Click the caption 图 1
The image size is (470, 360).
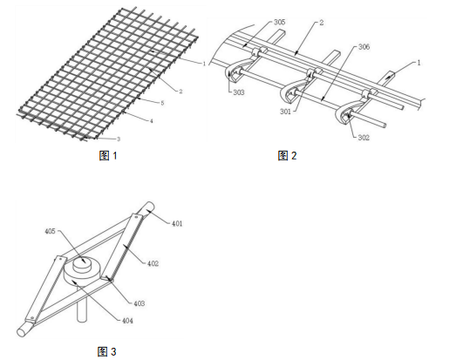(108, 155)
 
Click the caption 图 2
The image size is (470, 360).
(287, 155)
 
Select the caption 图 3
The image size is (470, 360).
(106, 351)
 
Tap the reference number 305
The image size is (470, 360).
(279, 22)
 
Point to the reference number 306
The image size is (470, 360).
(364, 47)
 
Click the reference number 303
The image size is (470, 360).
(239, 92)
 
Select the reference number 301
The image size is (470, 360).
(285, 112)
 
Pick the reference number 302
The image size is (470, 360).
(364, 138)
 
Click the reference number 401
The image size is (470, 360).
(177, 224)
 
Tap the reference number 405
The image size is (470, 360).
(50, 231)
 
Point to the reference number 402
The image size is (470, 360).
(153, 264)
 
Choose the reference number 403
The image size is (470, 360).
(140, 303)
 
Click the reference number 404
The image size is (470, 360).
(127, 321)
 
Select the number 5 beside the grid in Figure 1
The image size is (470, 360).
(162, 103)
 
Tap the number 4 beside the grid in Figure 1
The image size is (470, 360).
(152, 121)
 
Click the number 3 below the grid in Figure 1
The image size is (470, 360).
(119, 139)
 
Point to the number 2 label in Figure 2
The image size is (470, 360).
(322, 23)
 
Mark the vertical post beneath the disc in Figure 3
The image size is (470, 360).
(82, 306)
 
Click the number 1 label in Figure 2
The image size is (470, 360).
(419, 63)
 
